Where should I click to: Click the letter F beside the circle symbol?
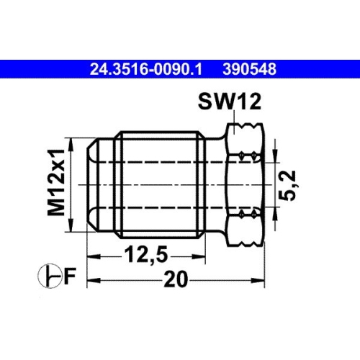point(69,275)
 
